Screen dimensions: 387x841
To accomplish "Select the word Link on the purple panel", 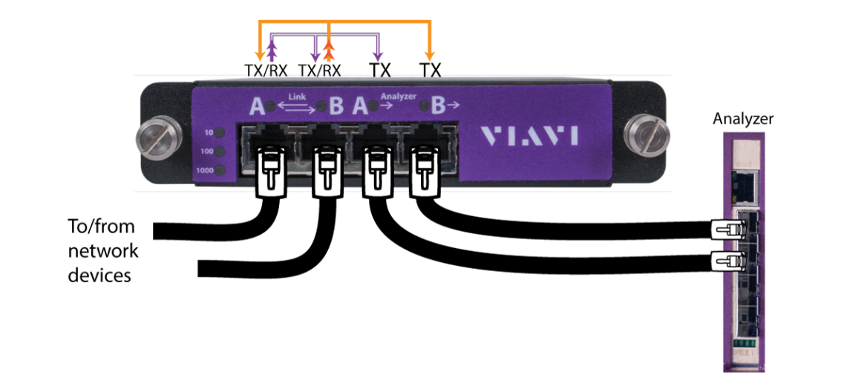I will coord(297,96).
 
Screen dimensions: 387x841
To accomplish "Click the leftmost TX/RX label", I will coord(265,71).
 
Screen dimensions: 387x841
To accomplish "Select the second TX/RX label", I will coord(319,71).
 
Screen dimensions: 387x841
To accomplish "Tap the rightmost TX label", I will coord(431,71).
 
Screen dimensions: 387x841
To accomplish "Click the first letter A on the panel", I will coord(257,107).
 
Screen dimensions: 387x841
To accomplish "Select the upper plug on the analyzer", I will coord(725,229).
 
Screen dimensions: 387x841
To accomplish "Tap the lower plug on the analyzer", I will coord(725,260).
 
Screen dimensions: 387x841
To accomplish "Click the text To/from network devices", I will coord(104,251).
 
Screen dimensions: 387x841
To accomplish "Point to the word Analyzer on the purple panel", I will coord(398,96).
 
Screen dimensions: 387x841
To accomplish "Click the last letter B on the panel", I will coord(438,107).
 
